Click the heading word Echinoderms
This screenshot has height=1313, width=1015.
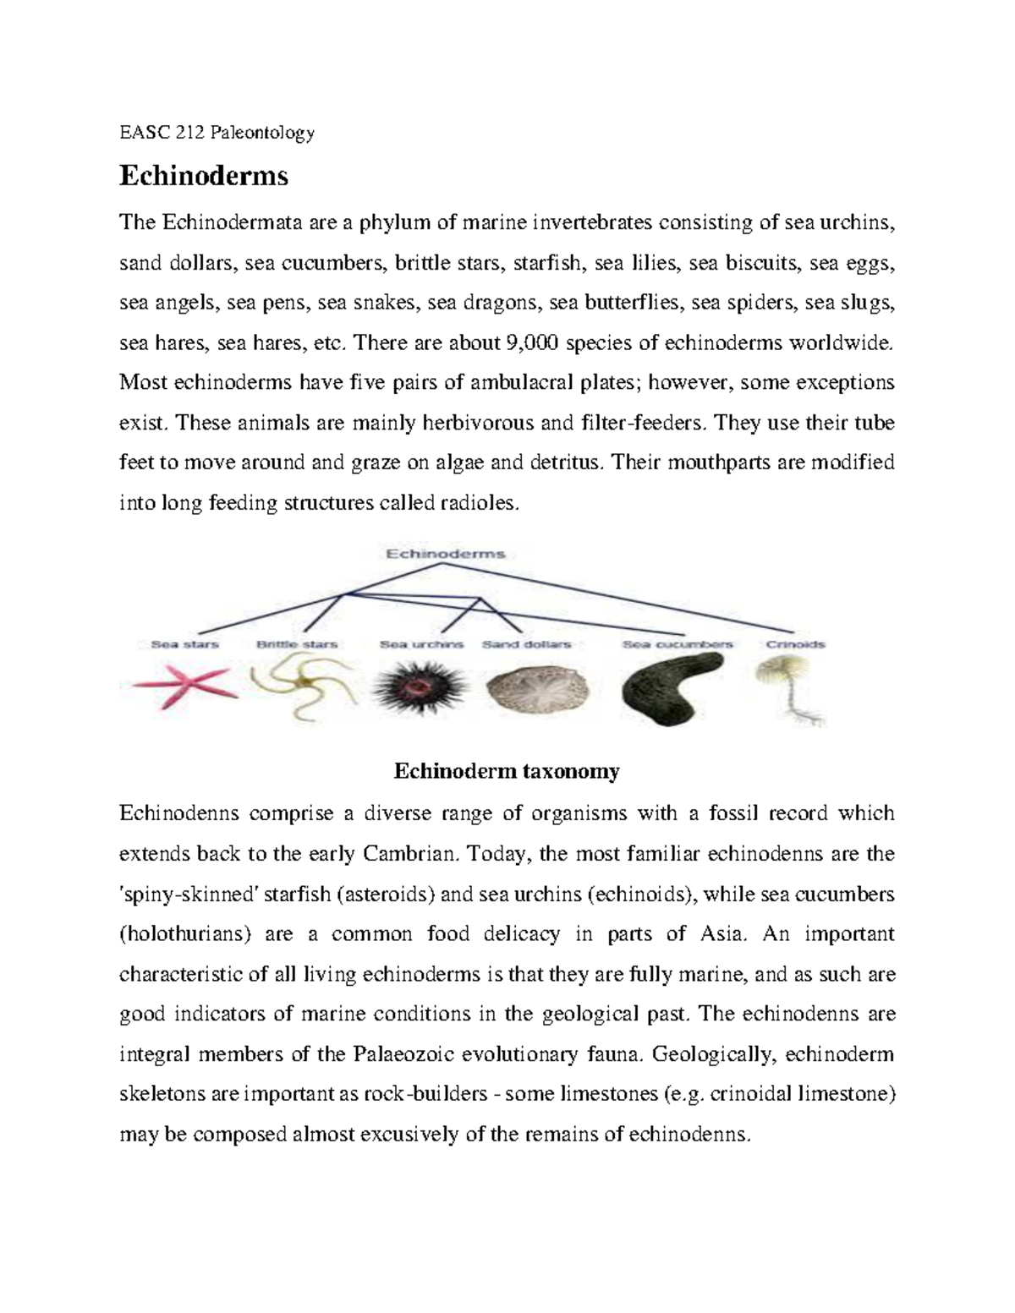[x=204, y=176]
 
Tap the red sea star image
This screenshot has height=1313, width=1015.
[x=179, y=683]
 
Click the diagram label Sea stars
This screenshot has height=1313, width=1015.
[x=184, y=644]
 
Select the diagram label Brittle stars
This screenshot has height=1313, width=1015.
[x=297, y=644]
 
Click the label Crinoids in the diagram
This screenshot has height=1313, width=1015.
[x=795, y=644]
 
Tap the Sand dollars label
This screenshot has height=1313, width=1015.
[x=526, y=644]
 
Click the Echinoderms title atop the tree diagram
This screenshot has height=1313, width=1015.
[x=446, y=555]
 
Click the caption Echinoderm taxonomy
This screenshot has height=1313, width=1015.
[x=507, y=771]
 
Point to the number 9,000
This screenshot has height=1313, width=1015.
[x=531, y=343]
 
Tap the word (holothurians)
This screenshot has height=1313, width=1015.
[x=186, y=934]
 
